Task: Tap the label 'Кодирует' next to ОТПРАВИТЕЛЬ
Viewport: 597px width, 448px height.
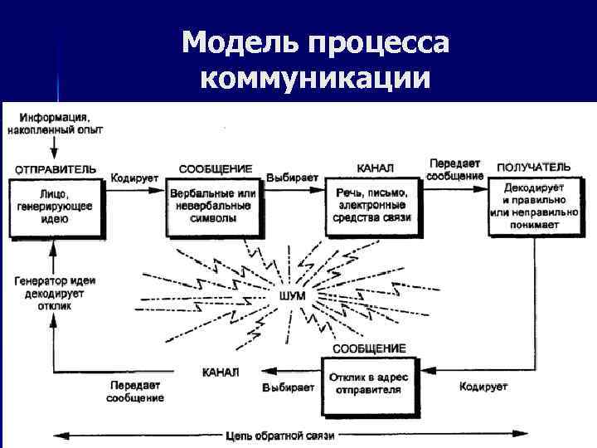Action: point(131,178)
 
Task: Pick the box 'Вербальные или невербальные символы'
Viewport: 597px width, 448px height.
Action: point(213,206)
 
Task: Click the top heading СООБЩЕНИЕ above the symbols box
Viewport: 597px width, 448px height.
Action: point(215,168)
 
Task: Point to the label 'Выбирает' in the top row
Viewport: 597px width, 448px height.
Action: point(292,178)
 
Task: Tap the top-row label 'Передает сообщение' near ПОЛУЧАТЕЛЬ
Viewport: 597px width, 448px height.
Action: point(455,169)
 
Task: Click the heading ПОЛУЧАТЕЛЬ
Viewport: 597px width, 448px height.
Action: point(533,168)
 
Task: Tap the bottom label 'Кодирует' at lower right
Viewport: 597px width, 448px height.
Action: point(483,387)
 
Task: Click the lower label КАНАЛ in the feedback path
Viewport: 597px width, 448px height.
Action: point(221,371)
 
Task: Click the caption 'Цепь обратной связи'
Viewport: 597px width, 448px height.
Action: point(279,435)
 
